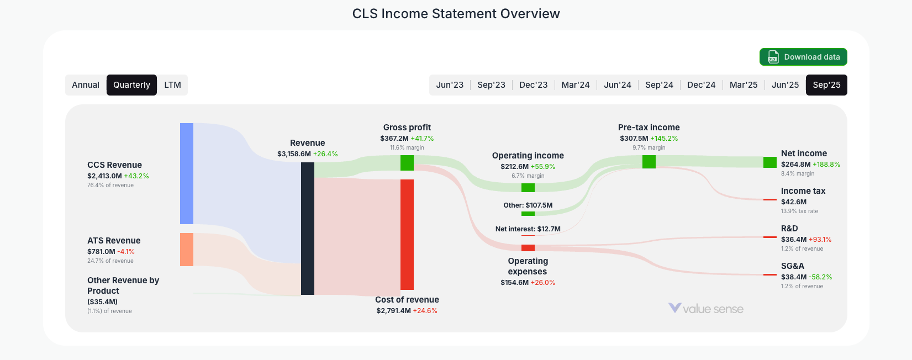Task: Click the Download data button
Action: pos(803,57)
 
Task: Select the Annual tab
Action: pos(86,85)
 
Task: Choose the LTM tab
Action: pos(172,85)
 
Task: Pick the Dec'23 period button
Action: pos(533,85)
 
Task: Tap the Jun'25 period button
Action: pos(785,85)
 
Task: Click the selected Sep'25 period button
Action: pos(826,85)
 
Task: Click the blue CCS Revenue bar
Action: pos(187,173)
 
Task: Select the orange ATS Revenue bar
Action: pos(187,250)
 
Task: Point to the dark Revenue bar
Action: pos(308,229)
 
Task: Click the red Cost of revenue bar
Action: pos(407,234)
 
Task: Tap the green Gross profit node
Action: pos(407,163)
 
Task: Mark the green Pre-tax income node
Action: pos(649,162)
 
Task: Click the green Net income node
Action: pos(770,162)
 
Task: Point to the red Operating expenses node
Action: pos(528,248)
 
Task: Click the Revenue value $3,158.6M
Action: pos(294,154)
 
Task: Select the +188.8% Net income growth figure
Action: pos(826,165)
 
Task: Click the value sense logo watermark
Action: pos(706,309)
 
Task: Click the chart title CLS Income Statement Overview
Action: pos(456,14)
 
